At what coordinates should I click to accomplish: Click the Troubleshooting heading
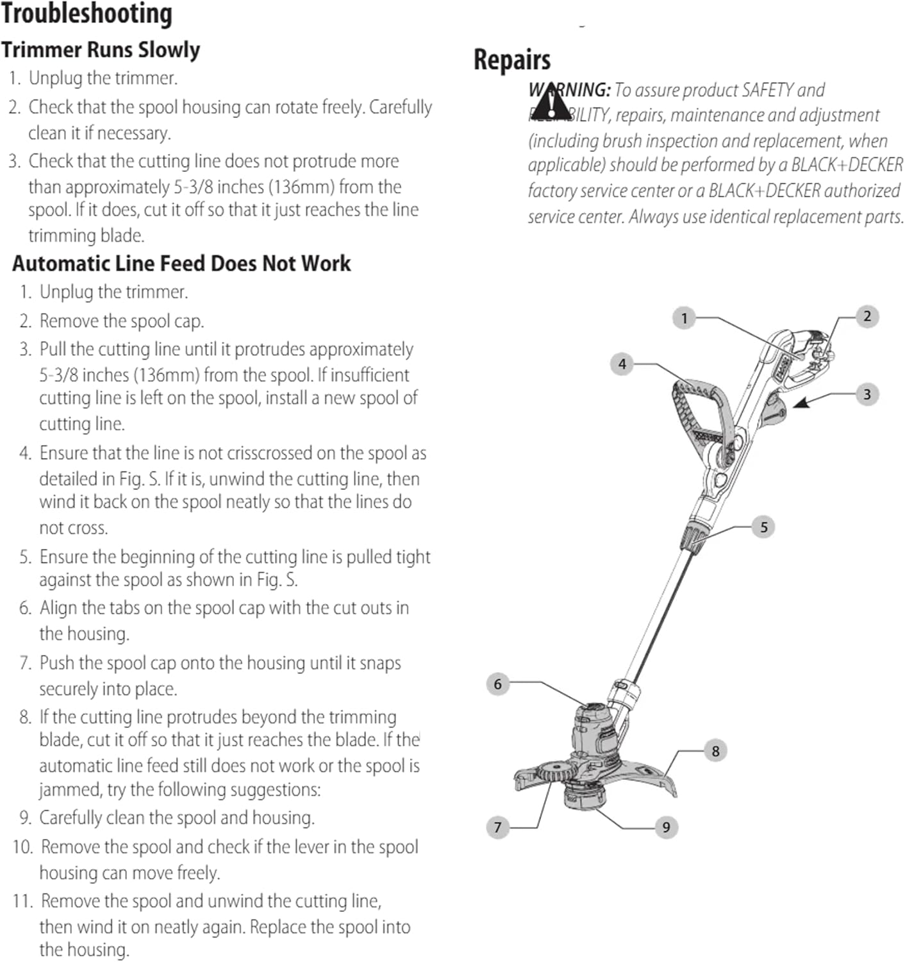[x=87, y=14]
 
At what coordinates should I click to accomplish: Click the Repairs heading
[x=511, y=60]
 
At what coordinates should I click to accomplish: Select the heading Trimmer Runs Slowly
[x=101, y=50]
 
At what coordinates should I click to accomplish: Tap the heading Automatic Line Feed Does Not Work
[x=181, y=264]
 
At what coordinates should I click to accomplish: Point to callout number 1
[x=684, y=317]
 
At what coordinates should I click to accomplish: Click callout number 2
[x=867, y=316]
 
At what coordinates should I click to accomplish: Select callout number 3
[x=867, y=394]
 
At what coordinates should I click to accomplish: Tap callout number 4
[x=622, y=364]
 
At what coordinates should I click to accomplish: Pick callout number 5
[x=763, y=527]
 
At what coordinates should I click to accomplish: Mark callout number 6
[x=497, y=684]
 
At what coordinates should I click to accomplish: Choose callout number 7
[x=497, y=827]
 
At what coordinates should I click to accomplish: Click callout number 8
[x=715, y=750]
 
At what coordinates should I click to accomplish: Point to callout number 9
[x=666, y=827]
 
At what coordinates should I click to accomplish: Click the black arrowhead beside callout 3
[x=802, y=403]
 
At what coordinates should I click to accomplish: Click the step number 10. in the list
[x=23, y=847]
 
